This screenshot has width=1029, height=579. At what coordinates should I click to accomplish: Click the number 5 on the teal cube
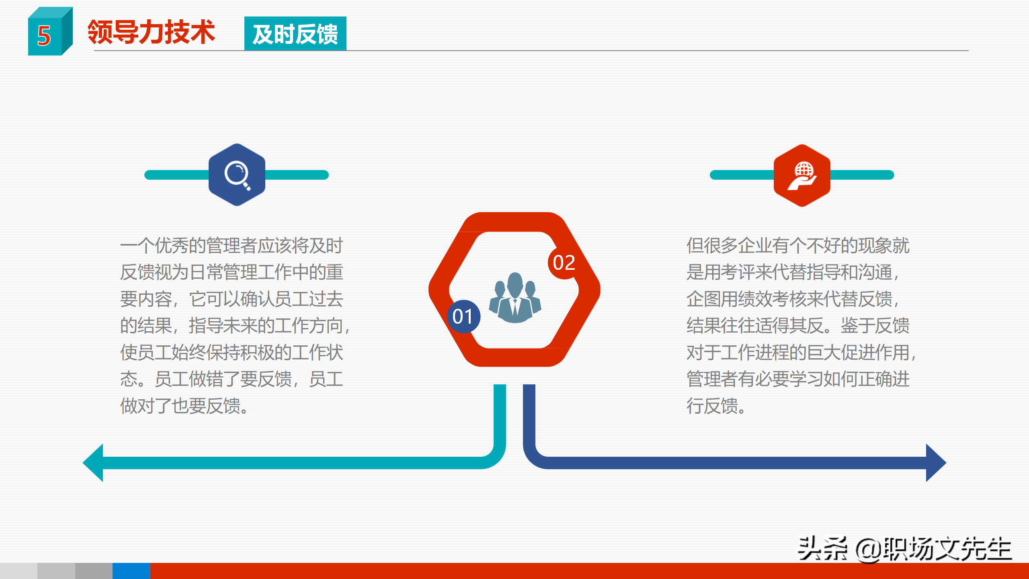pyautogui.click(x=44, y=36)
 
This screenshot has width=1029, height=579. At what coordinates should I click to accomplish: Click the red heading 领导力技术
pyautogui.click(x=151, y=32)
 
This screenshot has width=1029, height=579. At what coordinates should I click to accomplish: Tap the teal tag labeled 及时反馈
pyautogui.click(x=295, y=34)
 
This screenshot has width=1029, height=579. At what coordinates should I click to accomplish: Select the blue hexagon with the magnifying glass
pyautogui.click(x=237, y=175)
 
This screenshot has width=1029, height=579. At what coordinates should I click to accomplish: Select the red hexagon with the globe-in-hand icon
pyautogui.click(x=802, y=175)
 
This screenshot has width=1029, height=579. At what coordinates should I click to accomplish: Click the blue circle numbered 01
pyautogui.click(x=463, y=316)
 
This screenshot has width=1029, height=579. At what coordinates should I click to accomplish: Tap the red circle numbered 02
pyautogui.click(x=564, y=263)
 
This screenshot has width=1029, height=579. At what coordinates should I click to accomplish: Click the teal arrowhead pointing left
pyautogui.click(x=94, y=462)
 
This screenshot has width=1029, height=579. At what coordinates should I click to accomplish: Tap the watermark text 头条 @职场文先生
pyautogui.click(x=904, y=549)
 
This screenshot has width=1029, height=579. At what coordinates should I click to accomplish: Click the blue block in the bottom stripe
pyautogui.click(x=131, y=571)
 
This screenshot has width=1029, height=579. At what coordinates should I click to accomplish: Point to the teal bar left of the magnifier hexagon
pyautogui.click(x=177, y=175)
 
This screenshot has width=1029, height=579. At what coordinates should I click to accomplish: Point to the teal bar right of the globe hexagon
pyautogui.click(x=862, y=175)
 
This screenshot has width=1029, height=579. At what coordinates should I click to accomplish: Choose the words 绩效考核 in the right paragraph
pyautogui.click(x=772, y=299)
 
